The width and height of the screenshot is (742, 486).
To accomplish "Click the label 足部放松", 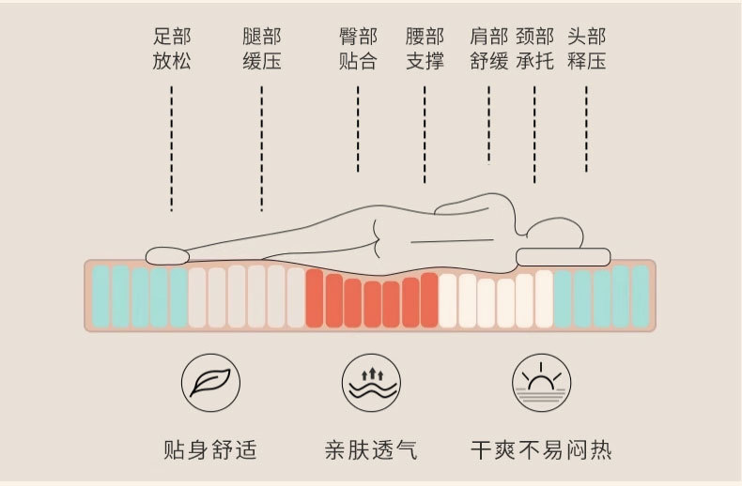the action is [x=172, y=50].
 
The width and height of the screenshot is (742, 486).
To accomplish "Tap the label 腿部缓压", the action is [x=261, y=50].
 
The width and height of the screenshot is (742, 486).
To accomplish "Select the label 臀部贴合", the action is [x=358, y=50].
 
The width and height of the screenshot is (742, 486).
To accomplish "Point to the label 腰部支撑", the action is [x=425, y=50].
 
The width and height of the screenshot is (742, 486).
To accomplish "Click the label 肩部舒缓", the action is [x=488, y=50].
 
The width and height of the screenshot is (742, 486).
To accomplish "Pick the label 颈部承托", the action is [x=534, y=50].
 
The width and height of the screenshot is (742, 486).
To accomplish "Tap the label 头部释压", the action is [x=586, y=50].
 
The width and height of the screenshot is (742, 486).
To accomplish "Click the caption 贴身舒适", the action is [x=209, y=449].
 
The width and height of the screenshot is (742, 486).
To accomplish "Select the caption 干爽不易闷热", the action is [x=541, y=449].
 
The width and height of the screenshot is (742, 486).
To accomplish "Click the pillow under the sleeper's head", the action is [x=564, y=256].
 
